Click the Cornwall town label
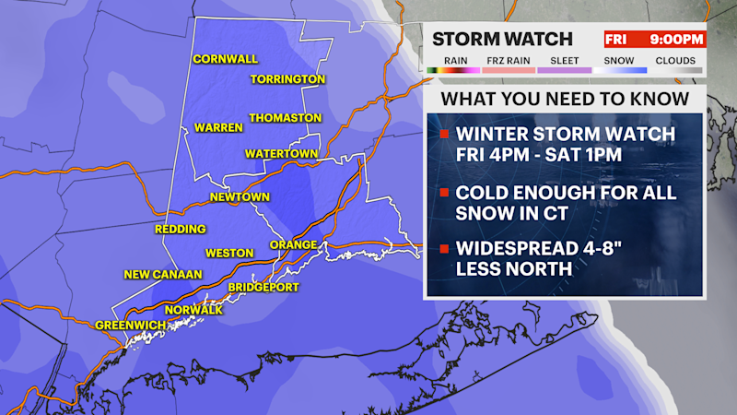(x=225, y=59)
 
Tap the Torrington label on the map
(x=287, y=79)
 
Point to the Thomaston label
(x=286, y=118)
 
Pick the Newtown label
(x=240, y=197)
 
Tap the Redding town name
(x=181, y=229)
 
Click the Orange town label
(x=293, y=244)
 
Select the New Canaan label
(x=162, y=275)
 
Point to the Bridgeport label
(x=265, y=287)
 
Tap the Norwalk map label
(x=202, y=309)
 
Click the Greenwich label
(x=131, y=325)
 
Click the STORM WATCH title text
(x=503, y=39)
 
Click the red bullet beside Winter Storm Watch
(x=444, y=135)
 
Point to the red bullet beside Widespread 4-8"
(x=444, y=249)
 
